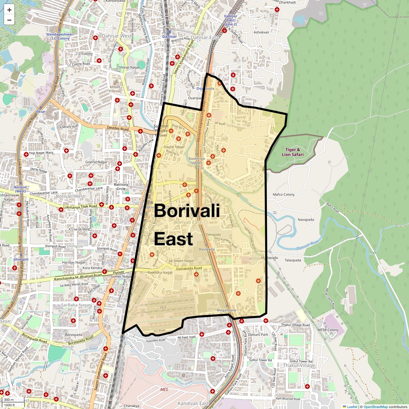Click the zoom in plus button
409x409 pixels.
tap(9, 10)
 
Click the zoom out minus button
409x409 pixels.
tap(9, 20)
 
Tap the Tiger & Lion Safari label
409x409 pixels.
tap(292, 152)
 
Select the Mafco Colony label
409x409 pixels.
tap(284, 195)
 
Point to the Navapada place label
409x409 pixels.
tap(306, 220)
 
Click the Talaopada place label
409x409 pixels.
tap(293, 260)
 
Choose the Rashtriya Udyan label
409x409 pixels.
tap(197, 161)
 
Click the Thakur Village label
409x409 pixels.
tap(299, 365)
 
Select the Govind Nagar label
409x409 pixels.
tap(96, 162)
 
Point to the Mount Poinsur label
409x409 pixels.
tap(115, 89)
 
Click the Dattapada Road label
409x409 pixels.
tap(189, 269)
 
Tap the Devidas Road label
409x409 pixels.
tap(118, 129)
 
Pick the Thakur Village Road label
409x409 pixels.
tap(296, 325)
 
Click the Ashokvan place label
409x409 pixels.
tap(261, 32)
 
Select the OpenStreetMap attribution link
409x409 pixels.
tap(376, 407)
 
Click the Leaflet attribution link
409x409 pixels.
tap(352, 407)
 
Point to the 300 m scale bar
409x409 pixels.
tap(9, 400)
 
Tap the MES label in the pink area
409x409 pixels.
tap(164, 389)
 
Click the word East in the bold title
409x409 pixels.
tap(173, 239)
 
